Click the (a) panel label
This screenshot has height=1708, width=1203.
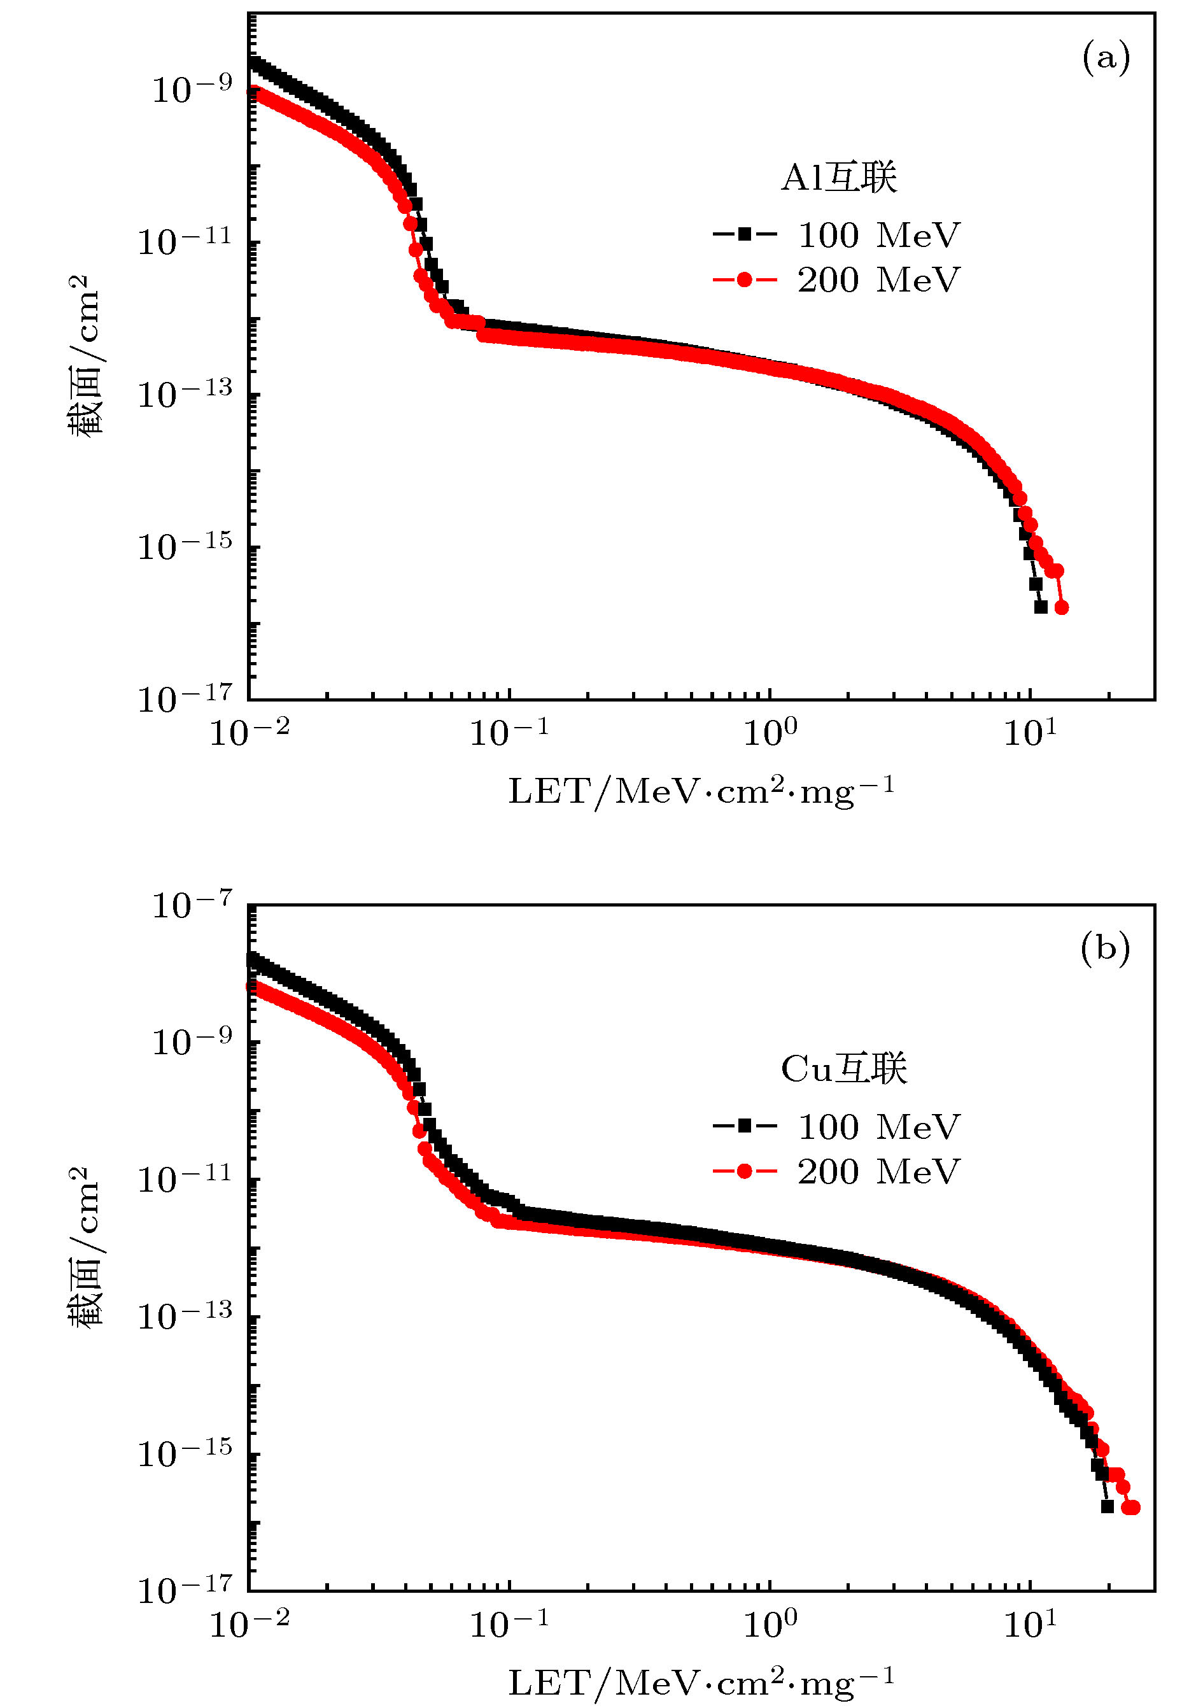pos(1106,58)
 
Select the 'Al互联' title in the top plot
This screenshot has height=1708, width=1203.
pos(838,178)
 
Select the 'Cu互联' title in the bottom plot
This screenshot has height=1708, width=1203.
pos(843,1069)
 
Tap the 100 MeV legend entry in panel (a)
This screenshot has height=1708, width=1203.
pos(837,235)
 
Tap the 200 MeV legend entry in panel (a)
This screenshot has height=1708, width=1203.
pos(837,279)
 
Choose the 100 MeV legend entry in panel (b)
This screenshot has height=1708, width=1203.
pos(837,1127)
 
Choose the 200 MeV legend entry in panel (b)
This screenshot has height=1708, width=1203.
pos(837,1171)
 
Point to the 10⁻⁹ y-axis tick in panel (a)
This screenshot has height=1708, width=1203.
pos(192,88)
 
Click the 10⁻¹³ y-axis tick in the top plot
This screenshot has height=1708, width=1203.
pos(185,393)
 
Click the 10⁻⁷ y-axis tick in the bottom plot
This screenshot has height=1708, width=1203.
pos(192,905)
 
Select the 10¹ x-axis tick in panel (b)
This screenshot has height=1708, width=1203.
pos(1031,1624)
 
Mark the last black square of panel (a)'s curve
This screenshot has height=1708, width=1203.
pos(1041,607)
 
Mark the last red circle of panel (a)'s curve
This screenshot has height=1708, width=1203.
pos(1062,608)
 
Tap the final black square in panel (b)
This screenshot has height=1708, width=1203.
pos(1107,1506)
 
